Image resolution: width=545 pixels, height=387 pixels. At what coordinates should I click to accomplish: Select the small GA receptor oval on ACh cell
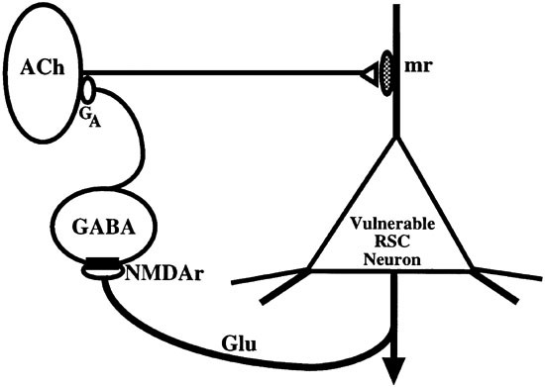(x=87, y=90)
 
